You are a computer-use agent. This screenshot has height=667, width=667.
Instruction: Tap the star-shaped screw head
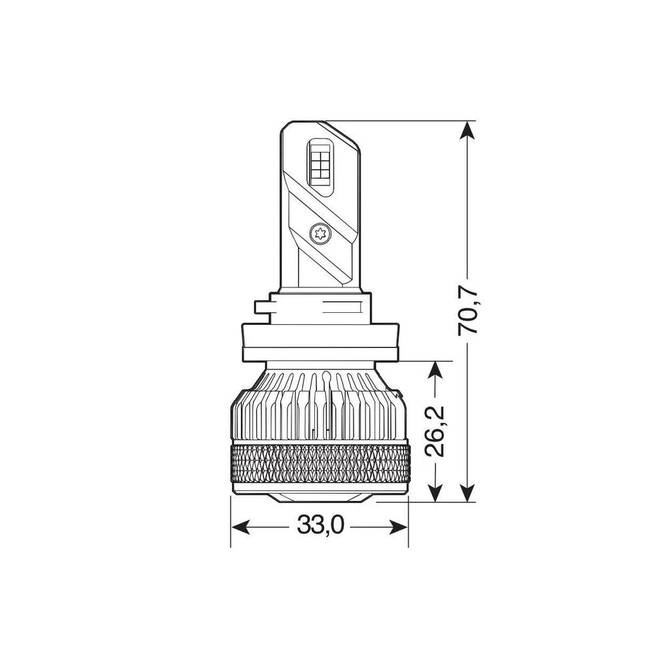319,233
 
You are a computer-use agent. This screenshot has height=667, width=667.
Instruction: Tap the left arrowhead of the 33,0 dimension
237,526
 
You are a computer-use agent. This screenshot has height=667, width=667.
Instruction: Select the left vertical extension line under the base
230,527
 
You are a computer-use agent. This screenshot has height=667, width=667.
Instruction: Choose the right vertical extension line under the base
408,527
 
